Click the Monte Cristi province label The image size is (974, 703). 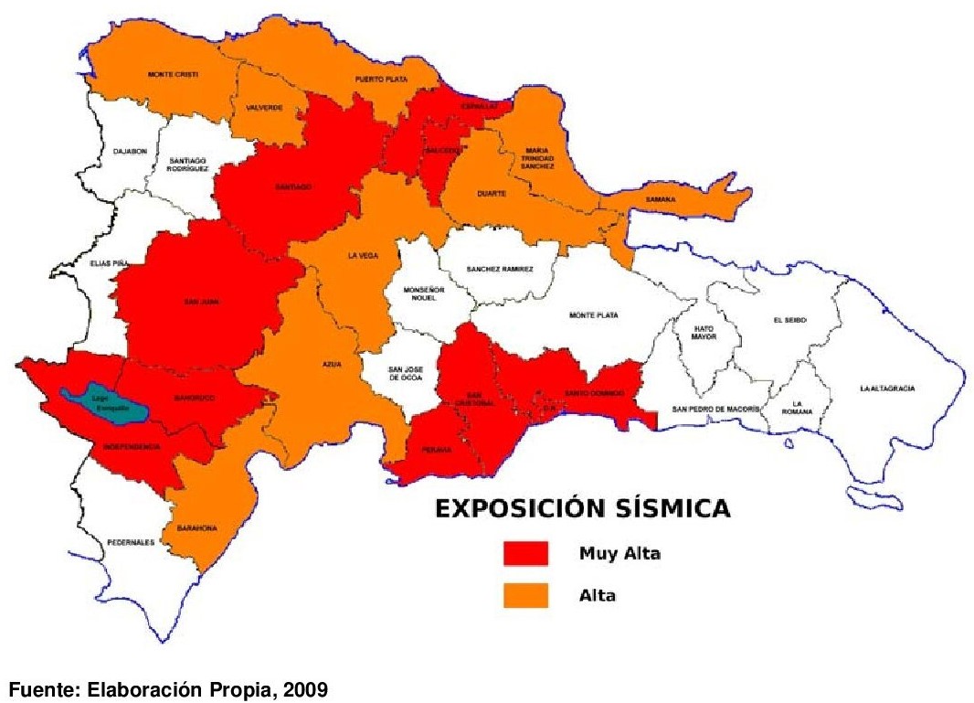coord(173,74)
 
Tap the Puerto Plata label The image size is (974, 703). coord(381,80)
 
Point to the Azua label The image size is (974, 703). coord(332,364)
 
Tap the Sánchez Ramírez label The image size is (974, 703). coord(499,269)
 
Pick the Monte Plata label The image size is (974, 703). coord(594,315)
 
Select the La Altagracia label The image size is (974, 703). coord(886,388)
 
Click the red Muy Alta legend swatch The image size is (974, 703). coord(525,553)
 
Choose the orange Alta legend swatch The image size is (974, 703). coord(525,595)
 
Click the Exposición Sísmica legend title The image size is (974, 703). coord(581,509)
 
